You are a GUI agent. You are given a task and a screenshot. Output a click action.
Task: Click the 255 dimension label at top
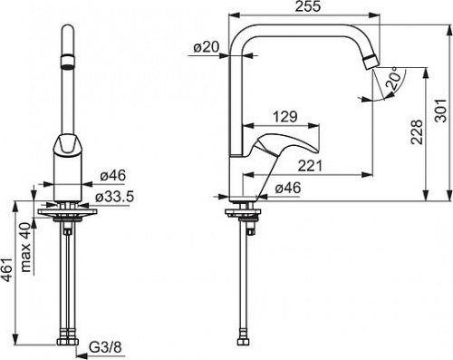pyautogui.click(x=307, y=6)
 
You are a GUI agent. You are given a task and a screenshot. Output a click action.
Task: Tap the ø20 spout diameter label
pyautogui.click(x=207, y=47)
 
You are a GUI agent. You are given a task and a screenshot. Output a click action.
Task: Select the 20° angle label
pyautogui.click(x=396, y=80)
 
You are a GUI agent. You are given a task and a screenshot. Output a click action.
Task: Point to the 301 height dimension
pyautogui.click(x=440, y=110)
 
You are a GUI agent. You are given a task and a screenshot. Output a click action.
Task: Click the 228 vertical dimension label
pyautogui.click(x=417, y=132)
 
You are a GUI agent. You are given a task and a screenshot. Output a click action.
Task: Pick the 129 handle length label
pyautogui.click(x=285, y=116)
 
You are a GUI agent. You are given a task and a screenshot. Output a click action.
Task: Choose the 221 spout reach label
pyautogui.click(x=311, y=166)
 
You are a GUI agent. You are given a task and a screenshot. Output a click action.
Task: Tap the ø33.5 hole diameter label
pyautogui.click(x=114, y=197)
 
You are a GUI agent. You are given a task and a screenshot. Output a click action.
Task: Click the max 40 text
pyautogui.click(x=26, y=247)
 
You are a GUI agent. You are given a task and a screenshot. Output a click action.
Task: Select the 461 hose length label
pyautogui.click(x=7, y=270)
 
